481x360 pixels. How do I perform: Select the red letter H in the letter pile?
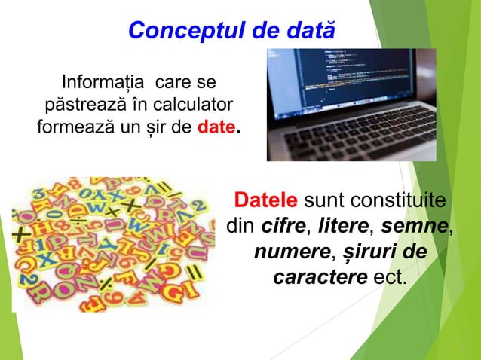click(42, 226)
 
